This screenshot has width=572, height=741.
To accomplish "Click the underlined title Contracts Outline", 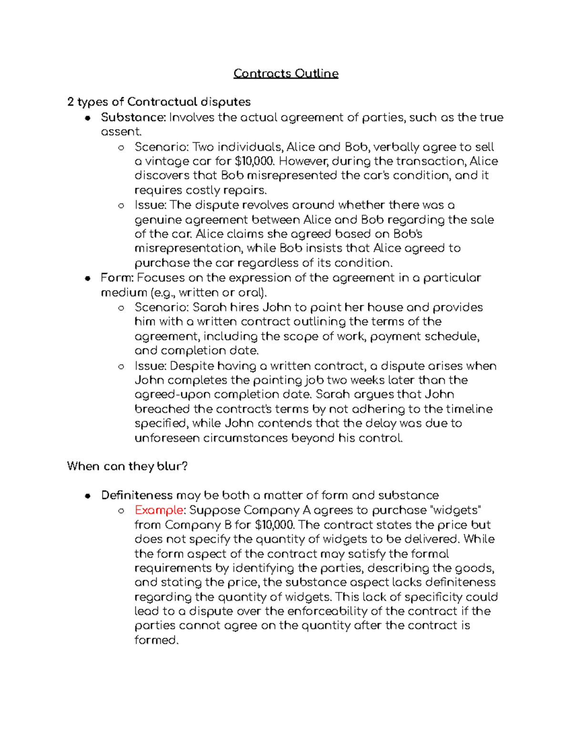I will pos(286,73).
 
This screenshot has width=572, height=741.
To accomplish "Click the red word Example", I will pos(159,510).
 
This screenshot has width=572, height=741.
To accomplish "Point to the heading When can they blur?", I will pos(127,466).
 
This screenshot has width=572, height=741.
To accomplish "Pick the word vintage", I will pos(167,161).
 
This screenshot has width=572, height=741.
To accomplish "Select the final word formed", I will pos(156,640).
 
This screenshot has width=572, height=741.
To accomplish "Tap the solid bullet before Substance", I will pos(87,118).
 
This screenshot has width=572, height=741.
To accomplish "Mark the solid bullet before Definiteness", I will pos(87,496).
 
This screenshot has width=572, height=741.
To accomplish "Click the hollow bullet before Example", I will pos(121,511).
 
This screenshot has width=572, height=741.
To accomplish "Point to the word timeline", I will pos(469,409).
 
